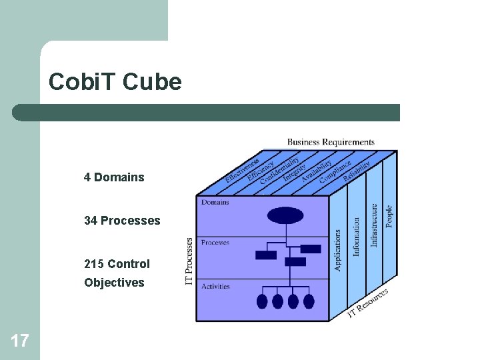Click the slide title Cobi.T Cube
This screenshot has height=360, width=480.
coord(115,82)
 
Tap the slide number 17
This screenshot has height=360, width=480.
coord(20,341)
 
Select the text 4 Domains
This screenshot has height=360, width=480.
coord(114,177)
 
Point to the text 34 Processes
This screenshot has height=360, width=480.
coord(122,221)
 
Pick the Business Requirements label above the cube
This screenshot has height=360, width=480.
coord(331,142)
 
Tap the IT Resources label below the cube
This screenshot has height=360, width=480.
coord(368,303)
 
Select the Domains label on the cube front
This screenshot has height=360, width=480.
coord(215,202)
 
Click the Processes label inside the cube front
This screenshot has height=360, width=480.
coord(215,243)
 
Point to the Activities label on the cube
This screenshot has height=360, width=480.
coord(215,287)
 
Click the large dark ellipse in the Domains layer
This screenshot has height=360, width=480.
coord(285,215)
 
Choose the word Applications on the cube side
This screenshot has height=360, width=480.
coord(338,250)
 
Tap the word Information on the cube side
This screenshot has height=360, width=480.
coord(357,237)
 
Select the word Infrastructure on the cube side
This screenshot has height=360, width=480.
coord(375,225)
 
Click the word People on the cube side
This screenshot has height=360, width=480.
coord(390,215)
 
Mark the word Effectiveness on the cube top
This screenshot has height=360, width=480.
coord(243,171)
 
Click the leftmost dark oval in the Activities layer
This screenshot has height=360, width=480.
coord(262,301)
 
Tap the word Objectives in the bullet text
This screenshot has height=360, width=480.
coord(114,283)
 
